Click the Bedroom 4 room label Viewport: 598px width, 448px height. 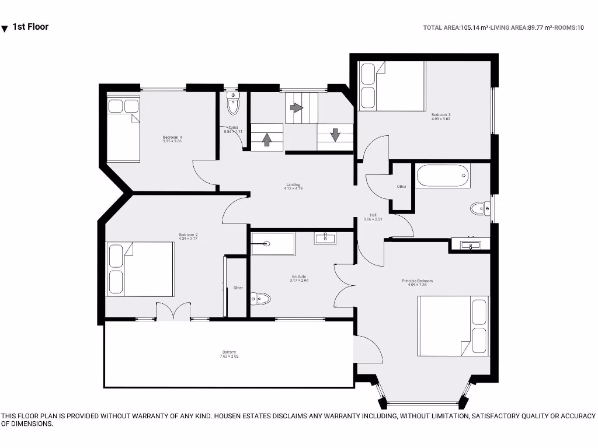pyautogui.click(x=172, y=138)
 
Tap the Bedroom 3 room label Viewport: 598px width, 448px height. pyautogui.click(x=441, y=115)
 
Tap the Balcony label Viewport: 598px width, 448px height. pyautogui.click(x=229, y=352)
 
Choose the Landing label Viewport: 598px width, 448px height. pyautogui.click(x=293, y=185)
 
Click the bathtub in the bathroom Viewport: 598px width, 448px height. pyautogui.click(x=442, y=176)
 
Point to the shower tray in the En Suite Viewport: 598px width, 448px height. pyautogui.click(x=273, y=244)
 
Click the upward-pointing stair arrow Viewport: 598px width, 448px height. pyautogui.click(x=267, y=139)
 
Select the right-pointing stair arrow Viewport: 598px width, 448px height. pyautogui.click(x=297, y=108)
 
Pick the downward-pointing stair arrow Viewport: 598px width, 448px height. pyautogui.click(x=335, y=135)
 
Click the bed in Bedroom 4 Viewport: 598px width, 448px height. pyautogui.click(x=123, y=129)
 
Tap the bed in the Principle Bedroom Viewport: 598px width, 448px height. pyautogui.click(x=453, y=325)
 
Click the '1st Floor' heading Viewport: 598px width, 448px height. pyautogui.click(x=30, y=27)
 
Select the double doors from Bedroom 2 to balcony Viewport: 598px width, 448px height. pyautogui.click(x=173, y=311)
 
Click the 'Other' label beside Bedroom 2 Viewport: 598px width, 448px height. pyautogui.click(x=238, y=288)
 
